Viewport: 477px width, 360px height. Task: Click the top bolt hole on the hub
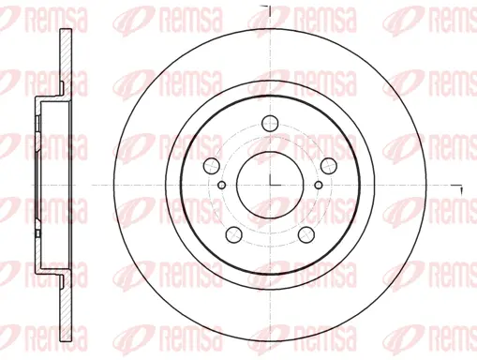click(271, 121)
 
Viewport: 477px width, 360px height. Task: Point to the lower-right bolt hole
click(306, 233)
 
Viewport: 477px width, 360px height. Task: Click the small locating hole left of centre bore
click(221, 185)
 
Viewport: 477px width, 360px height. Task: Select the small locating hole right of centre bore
click(320, 185)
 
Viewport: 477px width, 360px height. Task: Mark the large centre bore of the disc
click(271, 185)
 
